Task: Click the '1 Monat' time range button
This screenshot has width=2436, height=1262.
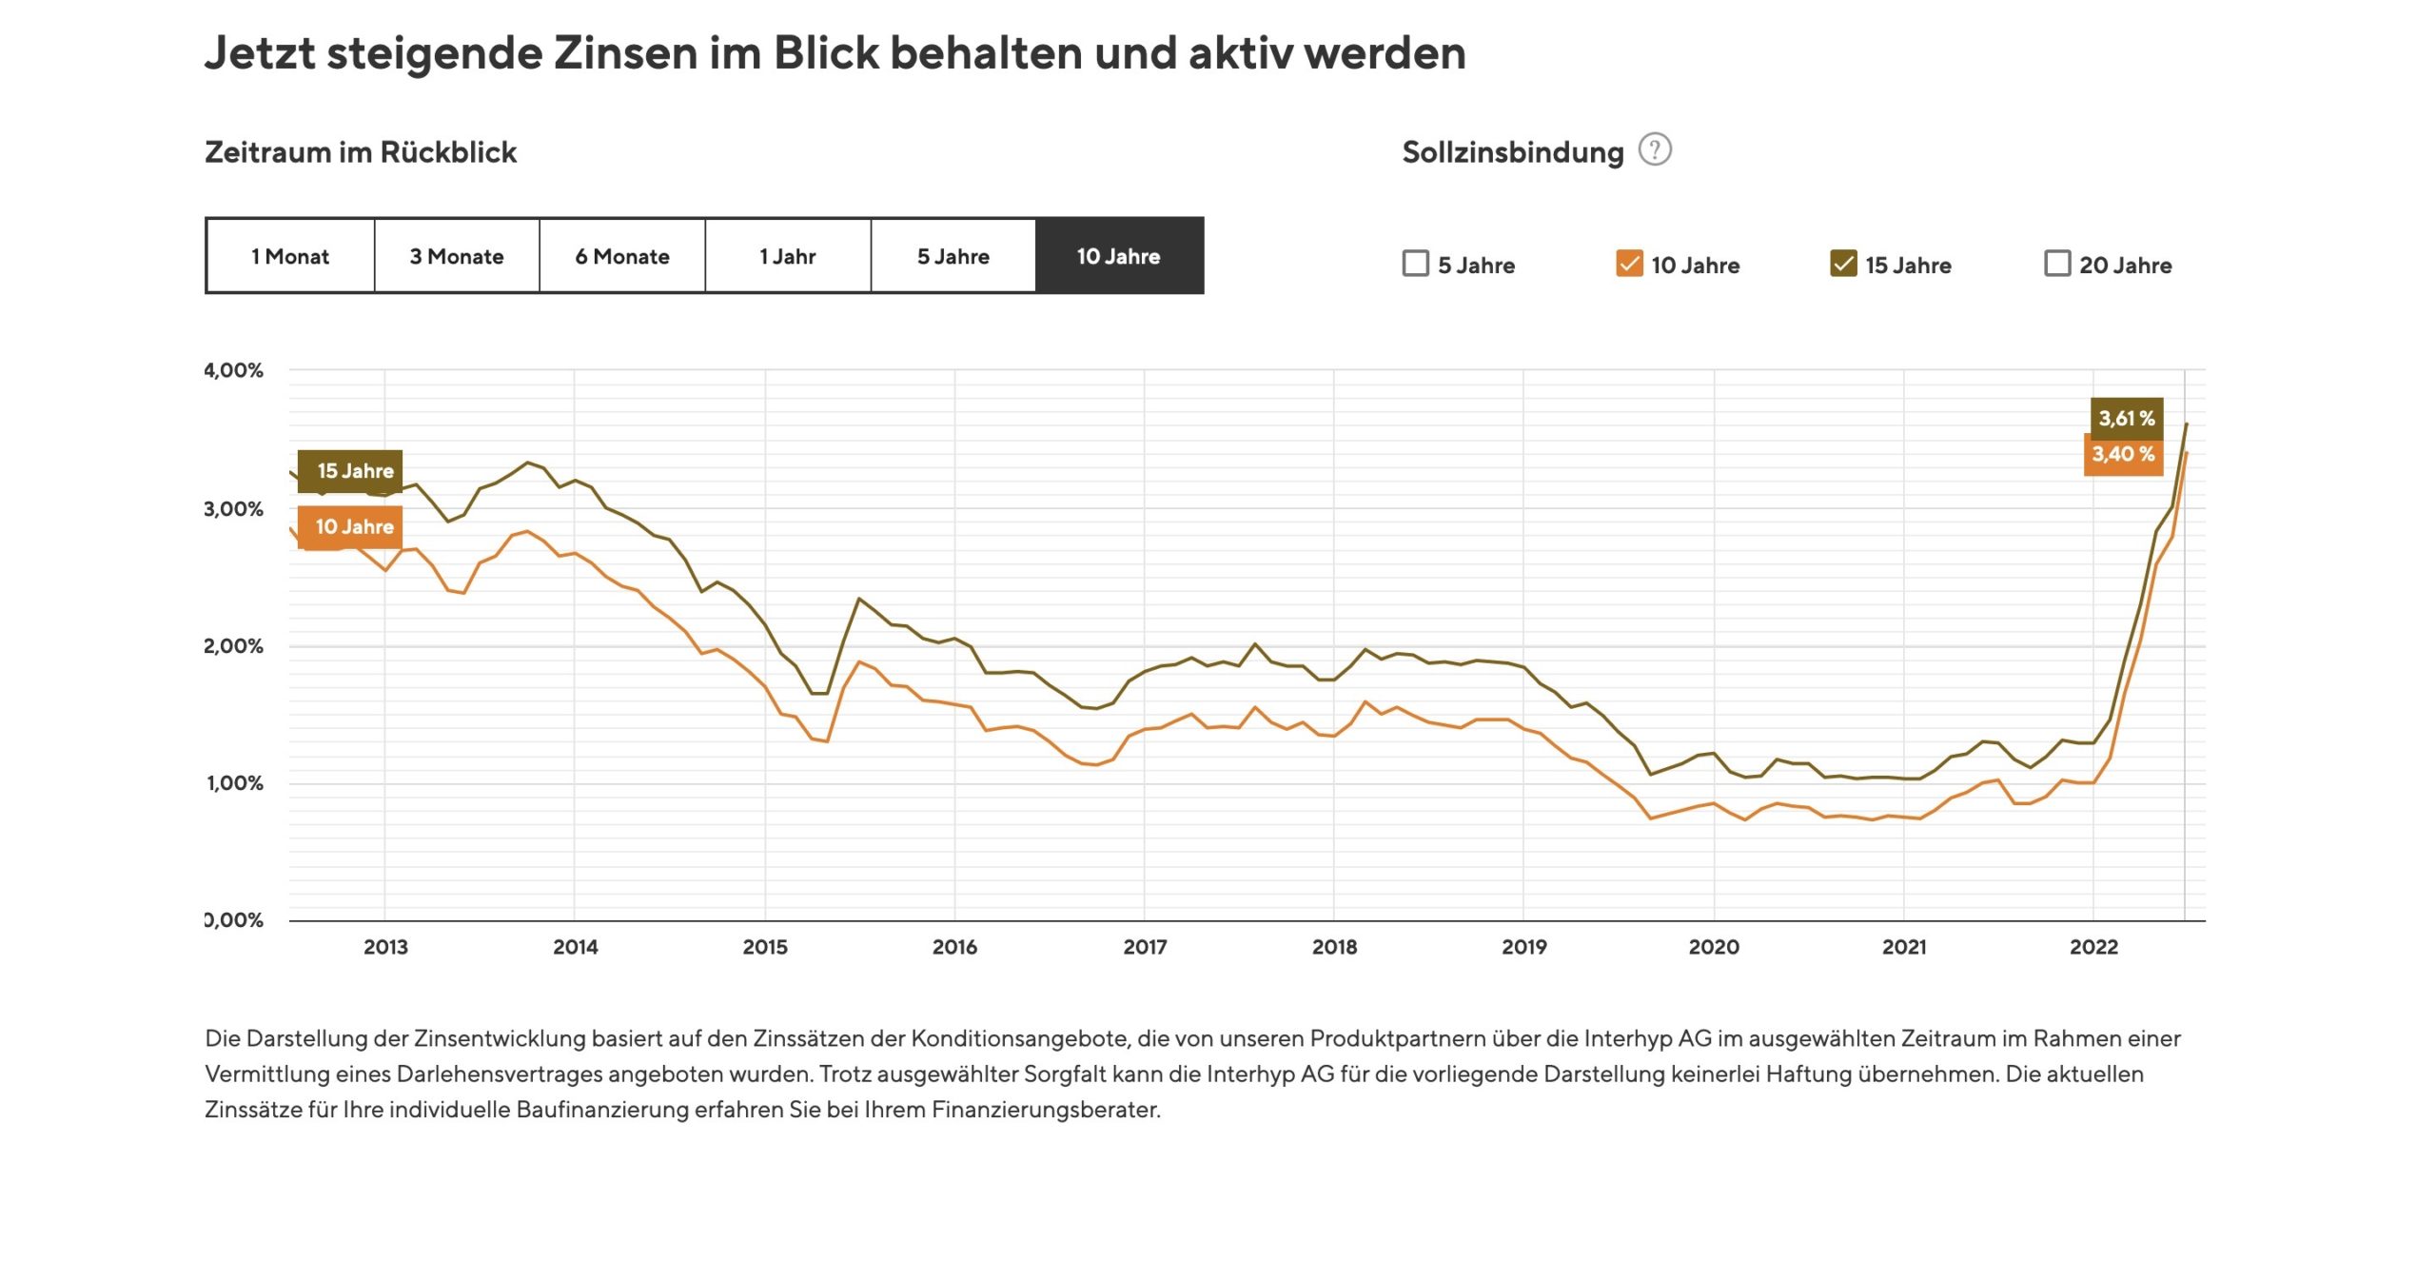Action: click(290, 256)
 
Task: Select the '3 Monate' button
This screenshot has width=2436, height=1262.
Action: click(457, 256)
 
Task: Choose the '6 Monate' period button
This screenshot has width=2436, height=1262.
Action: click(622, 256)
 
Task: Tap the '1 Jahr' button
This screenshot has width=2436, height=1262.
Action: click(788, 256)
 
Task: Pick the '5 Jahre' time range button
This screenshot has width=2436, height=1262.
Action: click(953, 256)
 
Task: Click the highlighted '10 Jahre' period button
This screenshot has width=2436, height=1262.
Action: click(1119, 256)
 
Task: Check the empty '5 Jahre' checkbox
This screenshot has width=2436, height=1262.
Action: click(1416, 264)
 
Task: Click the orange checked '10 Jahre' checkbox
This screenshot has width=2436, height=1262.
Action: click(1629, 264)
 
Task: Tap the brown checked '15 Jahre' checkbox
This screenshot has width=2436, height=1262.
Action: click(1843, 264)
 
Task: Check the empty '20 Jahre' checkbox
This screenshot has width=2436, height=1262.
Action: click(2057, 264)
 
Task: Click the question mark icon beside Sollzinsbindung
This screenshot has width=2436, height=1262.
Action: click(1655, 150)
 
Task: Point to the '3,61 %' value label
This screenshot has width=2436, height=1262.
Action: click(2127, 418)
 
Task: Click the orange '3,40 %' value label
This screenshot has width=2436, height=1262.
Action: click(2123, 454)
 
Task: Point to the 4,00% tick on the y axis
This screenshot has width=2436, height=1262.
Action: click(234, 370)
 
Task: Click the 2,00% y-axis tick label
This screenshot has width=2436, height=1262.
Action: click(234, 646)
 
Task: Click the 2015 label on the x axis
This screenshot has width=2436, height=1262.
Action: click(765, 947)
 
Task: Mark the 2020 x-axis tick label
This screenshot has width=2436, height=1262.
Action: click(1714, 947)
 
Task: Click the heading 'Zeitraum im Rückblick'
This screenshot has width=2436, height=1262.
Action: click(361, 152)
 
